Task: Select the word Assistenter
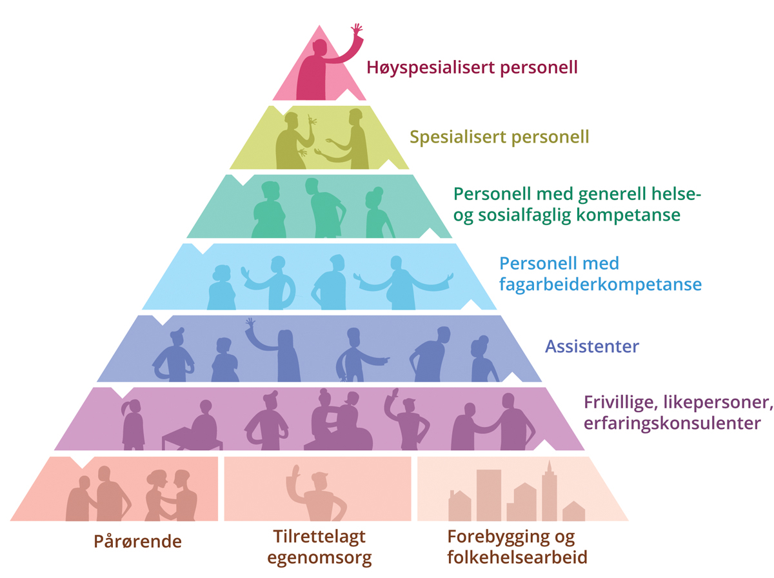tap(592, 346)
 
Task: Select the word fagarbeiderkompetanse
tap(600, 284)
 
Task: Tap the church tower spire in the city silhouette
tap(548, 466)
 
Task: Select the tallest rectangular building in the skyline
tap(488, 493)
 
